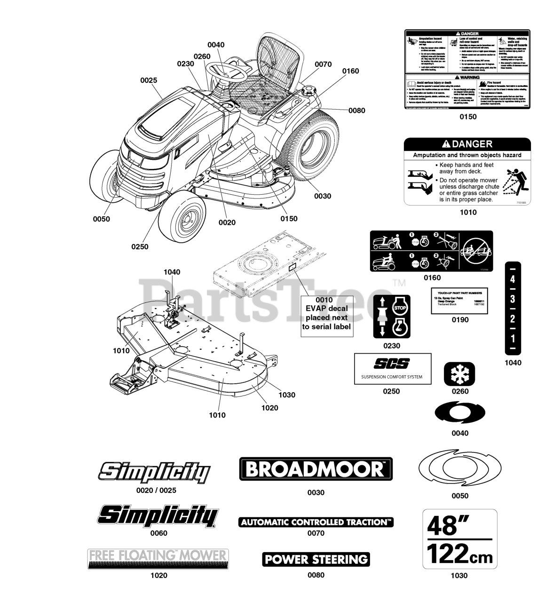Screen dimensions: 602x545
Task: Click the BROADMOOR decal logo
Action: point(316,469)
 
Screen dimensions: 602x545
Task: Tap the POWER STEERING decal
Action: point(316,559)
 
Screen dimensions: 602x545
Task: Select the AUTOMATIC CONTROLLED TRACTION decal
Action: point(316,522)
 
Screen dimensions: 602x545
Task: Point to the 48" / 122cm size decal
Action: point(459,539)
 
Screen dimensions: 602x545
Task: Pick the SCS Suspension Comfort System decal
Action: point(392,369)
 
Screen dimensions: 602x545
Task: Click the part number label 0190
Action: point(460,320)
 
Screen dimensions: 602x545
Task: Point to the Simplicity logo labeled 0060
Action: point(158,516)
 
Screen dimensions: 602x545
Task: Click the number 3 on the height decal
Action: point(513,299)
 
